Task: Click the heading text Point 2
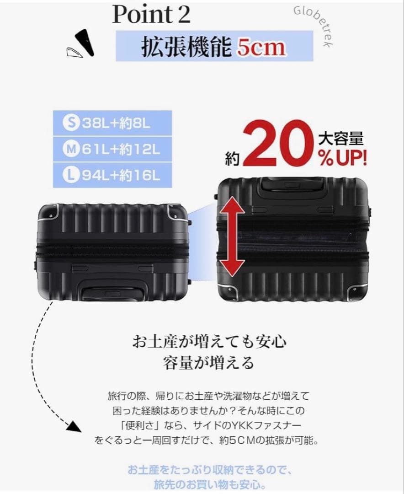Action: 151,15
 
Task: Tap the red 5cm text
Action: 261,47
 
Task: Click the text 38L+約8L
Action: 116,123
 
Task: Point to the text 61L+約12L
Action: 121,149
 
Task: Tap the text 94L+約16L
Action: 121,175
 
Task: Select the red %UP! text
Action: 342,158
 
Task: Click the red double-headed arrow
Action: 232,236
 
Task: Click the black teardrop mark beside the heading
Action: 85,43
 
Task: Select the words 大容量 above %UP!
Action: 341,139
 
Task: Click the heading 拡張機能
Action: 186,47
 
